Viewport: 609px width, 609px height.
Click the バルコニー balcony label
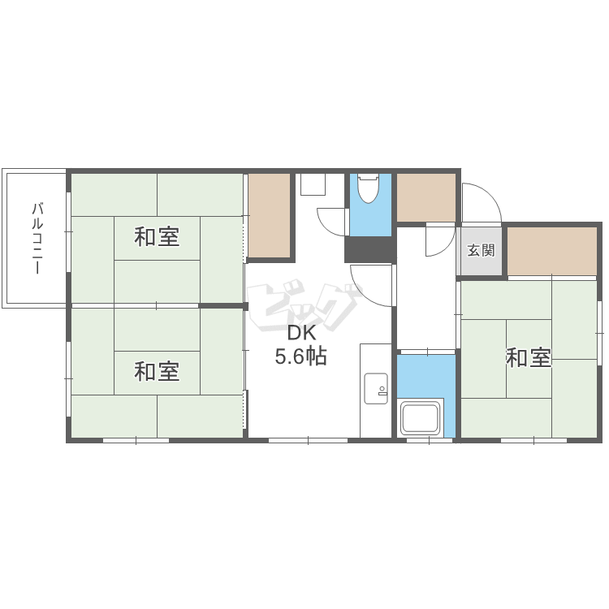[37, 238]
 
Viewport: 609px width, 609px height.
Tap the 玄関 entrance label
[481, 250]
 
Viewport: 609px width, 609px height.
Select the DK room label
[301, 333]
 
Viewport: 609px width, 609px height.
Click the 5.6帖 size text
[301, 356]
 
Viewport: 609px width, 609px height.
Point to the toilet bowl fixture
[368, 188]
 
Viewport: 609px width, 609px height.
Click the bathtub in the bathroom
[421, 418]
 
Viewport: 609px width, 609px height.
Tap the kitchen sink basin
[376, 388]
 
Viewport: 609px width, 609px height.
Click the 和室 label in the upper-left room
[157, 237]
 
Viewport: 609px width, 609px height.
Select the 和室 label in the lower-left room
[157, 371]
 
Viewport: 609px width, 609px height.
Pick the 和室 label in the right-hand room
[529, 358]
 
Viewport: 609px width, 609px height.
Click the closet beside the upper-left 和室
[269, 215]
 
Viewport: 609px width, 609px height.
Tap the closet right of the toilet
[426, 197]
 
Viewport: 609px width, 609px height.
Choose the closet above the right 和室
[552, 251]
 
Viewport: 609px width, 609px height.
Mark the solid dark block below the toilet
[370, 249]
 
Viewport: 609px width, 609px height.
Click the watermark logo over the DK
[304, 304]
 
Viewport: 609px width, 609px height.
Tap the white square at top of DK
[313, 184]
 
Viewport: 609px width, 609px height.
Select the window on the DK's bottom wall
[308, 440]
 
